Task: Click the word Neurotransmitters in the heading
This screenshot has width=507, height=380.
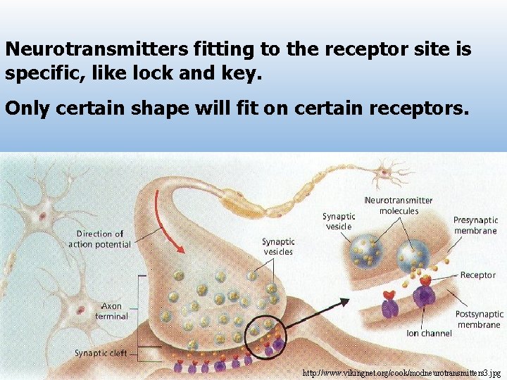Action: click(96, 50)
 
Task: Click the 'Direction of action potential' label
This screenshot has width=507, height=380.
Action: click(99, 239)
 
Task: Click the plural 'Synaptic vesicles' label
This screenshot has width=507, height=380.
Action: click(277, 246)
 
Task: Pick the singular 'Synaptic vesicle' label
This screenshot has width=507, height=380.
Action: click(338, 221)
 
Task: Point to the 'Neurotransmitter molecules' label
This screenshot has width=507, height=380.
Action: click(399, 205)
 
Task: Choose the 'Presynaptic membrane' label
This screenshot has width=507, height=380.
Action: click(475, 225)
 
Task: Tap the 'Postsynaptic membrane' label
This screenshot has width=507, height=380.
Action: click(479, 319)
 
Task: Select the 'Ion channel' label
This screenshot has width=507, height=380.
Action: click(429, 333)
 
